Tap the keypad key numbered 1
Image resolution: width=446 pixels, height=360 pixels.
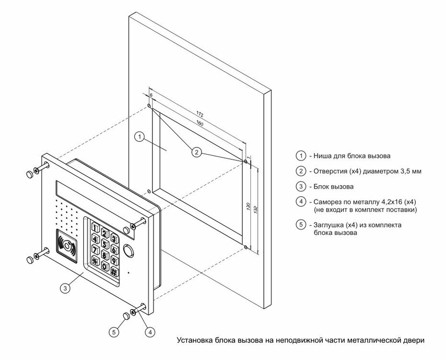tap(96, 228)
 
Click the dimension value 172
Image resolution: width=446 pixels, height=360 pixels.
tap(200, 114)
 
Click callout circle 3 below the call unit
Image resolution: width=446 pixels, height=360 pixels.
tap(66, 288)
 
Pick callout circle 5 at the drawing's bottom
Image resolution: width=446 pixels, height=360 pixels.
tap(114, 331)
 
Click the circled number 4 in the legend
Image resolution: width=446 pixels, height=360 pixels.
tap(301, 202)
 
